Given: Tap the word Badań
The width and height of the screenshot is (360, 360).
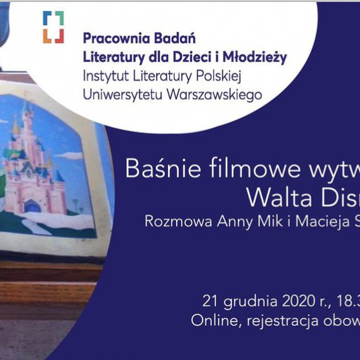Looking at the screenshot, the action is [x=175, y=38].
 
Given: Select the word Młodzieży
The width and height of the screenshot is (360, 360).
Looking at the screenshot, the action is [x=255, y=57].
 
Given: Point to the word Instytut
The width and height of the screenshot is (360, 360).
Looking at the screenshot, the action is [x=105, y=76].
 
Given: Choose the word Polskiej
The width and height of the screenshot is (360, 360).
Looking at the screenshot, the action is [x=219, y=76].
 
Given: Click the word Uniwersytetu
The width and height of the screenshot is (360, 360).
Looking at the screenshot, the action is [x=123, y=95].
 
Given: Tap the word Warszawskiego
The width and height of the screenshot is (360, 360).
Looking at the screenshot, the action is [x=214, y=95].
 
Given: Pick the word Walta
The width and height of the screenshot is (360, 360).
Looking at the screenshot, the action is [x=279, y=197].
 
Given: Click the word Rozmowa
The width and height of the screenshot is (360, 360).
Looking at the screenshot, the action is [x=178, y=221].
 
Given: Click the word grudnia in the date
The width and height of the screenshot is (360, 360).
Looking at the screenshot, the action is [x=251, y=302].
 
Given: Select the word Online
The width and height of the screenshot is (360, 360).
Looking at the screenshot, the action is [x=217, y=320].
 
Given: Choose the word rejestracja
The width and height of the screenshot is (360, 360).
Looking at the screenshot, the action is [x=283, y=321].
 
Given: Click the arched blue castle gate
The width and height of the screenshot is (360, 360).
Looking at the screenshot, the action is [x=33, y=205].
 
